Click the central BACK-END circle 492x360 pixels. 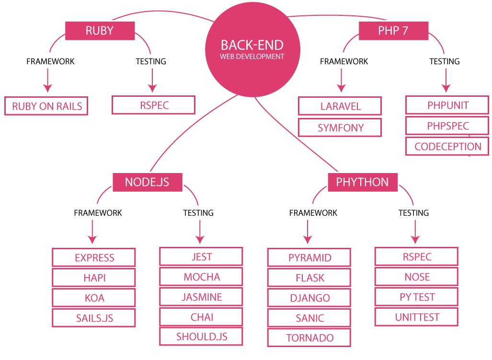point(252,49)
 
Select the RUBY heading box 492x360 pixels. point(100,31)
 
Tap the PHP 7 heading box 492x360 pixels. point(393,31)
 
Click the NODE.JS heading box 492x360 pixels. point(147,183)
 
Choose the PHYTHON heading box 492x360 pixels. point(362,183)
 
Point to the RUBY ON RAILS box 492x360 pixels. point(47,106)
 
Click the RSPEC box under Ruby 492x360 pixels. point(154,105)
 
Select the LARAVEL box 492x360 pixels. point(340,106)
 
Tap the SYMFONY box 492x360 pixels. point(340,128)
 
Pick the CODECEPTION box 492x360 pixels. point(447,147)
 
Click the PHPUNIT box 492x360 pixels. point(447,105)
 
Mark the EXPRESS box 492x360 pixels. point(94,258)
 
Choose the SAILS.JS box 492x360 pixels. point(94,318)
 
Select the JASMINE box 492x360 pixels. point(202,297)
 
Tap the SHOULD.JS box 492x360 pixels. point(202,337)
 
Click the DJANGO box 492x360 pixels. point(309,298)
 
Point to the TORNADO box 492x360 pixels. point(309,338)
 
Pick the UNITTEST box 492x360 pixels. point(417,317)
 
